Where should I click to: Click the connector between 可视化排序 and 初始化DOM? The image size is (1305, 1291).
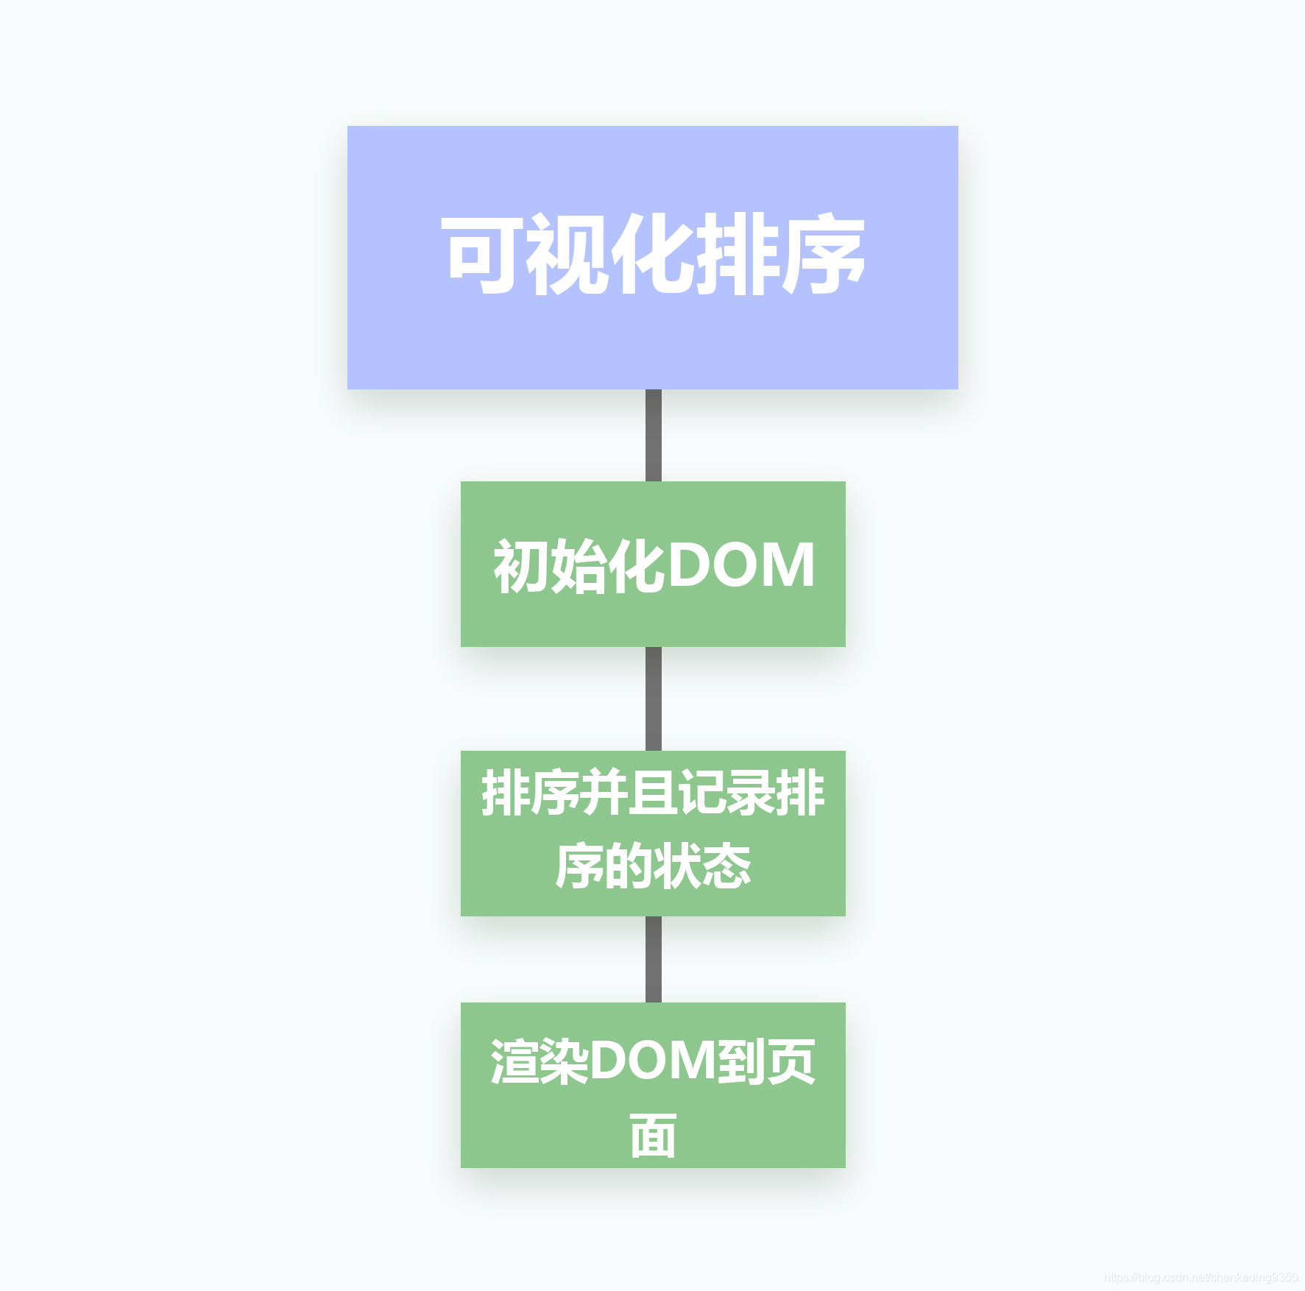(x=653, y=435)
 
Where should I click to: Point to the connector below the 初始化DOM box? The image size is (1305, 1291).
(x=653, y=698)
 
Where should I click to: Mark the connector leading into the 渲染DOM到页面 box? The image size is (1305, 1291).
(x=653, y=959)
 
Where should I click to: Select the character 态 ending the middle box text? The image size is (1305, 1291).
(x=726, y=866)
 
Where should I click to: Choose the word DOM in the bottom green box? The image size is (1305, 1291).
(x=652, y=1061)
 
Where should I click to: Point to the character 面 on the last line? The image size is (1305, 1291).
(x=653, y=1135)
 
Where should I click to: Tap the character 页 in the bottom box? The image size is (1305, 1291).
(x=791, y=1061)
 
